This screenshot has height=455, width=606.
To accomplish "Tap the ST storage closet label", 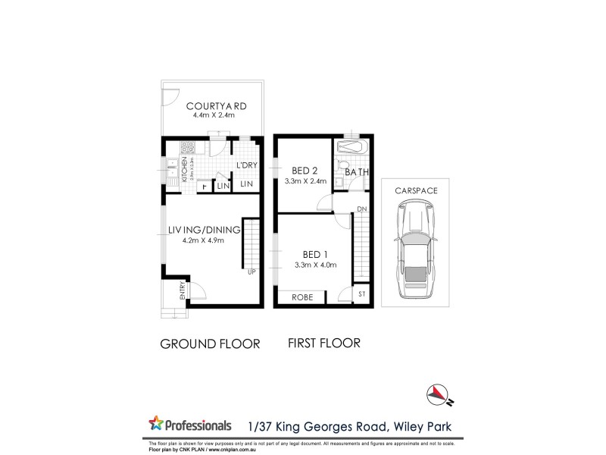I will tap(361, 293).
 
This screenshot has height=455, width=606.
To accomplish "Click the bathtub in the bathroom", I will tap(353, 146).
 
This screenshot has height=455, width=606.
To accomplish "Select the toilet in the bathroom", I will tap(343, 166).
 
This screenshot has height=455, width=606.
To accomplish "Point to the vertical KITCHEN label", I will tap(184, 171).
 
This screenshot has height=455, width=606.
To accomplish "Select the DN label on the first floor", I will tap(361, 209).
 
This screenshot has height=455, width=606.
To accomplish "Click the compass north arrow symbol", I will tap(438, 391).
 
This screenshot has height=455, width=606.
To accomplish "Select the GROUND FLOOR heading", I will tap(210, 344).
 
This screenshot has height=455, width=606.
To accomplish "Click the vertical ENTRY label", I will tap(183, 291).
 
